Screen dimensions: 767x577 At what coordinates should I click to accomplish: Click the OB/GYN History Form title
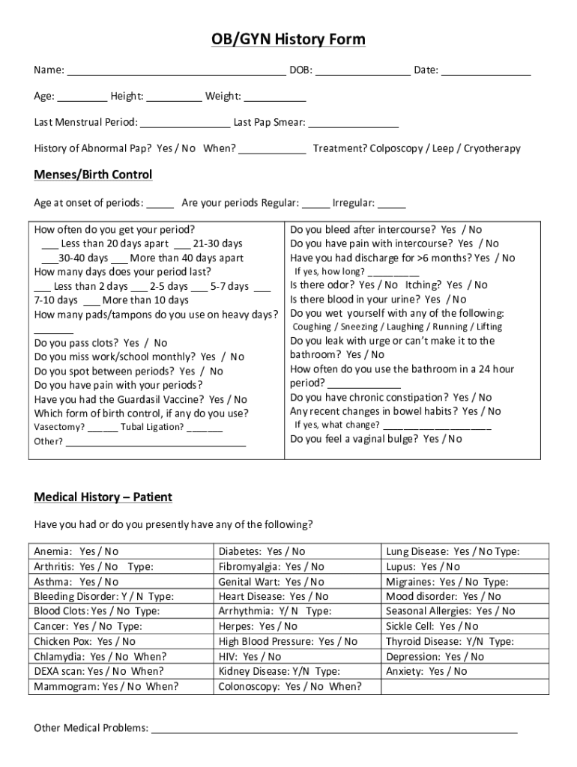pyautogui.click(x=288, y=40)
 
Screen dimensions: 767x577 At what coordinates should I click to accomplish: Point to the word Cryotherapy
pyautogui.click(x=492, y=148)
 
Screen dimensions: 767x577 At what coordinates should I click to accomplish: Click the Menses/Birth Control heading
pyautogui.click(x=93, y=175)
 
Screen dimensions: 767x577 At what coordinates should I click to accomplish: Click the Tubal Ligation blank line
pyautogui.click(x=205, y=428)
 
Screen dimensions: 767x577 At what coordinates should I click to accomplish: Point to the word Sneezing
pyautogui.click(x=362, y=327)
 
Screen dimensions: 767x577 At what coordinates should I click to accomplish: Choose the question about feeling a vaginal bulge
pyautogui.click(x=375, y=439)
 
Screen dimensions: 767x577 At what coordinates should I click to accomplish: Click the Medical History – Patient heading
pyautogui.click(x=103, y=497)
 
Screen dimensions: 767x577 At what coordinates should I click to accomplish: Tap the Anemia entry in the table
pyautogui.click(x=76, y=551)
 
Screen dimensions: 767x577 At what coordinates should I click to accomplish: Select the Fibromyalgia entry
pyautogui.click(x=271, y=566)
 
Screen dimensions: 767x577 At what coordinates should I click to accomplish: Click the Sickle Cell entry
pyautogui.click(x=432, y=626)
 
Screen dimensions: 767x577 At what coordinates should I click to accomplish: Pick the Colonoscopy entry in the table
pyautogui.click(x=289, y=686)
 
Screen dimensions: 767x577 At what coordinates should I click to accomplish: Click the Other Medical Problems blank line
pyautogui.click(x=334, y=730)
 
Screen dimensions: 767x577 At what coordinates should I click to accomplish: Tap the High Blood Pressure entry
pyautogui.click(x=288, y=641)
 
